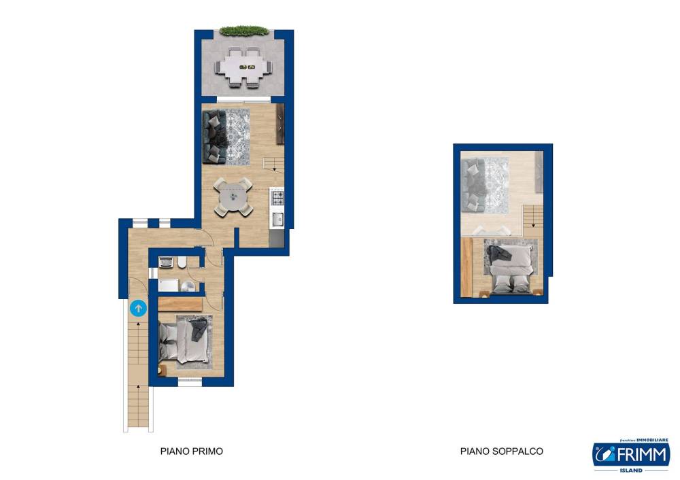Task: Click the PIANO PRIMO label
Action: (192, 451)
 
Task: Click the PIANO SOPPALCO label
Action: (502, 451)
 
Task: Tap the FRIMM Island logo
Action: (632, 456)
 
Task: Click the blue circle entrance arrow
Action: (138, 308)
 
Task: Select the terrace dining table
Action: (243, 67)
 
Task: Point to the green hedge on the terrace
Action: (243, 31)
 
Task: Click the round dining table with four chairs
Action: (233, 197)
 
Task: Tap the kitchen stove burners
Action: (277, 198)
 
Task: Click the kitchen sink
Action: (277, 220)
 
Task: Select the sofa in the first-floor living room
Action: (214, 137)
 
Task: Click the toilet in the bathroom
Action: (182, 262)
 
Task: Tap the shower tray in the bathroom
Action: (168, 285)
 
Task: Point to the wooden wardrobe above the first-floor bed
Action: (180, 304)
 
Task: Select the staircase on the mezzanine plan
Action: (532, 221)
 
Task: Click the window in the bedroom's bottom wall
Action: (190, 382)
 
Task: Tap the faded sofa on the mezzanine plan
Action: (473, 185)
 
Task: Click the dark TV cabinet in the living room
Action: (280, 124)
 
